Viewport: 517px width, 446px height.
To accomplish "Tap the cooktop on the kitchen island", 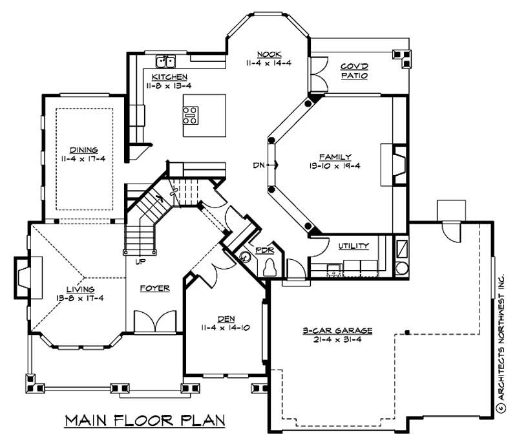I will [x=191, y=115].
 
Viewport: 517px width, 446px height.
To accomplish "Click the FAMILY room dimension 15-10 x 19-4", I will [x=335, y=165].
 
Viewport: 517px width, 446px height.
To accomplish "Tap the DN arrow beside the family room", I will [x=266, y=165].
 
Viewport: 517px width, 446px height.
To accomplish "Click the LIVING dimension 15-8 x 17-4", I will [x=79, y=298].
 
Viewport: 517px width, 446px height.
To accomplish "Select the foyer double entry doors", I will [x=155, y=321].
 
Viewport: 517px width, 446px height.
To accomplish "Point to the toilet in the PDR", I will [x=271, y=266].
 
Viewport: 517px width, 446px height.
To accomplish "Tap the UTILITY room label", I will [x=353, y=246].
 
